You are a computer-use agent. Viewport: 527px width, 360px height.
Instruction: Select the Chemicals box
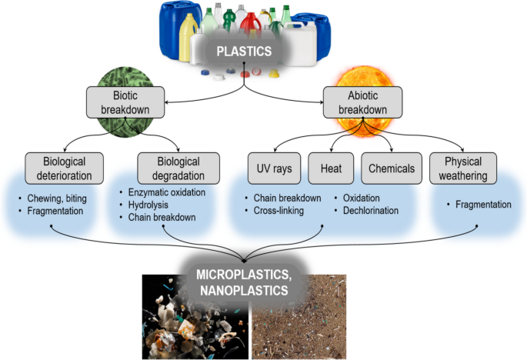pyautogui.click(x=390, y=168)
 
